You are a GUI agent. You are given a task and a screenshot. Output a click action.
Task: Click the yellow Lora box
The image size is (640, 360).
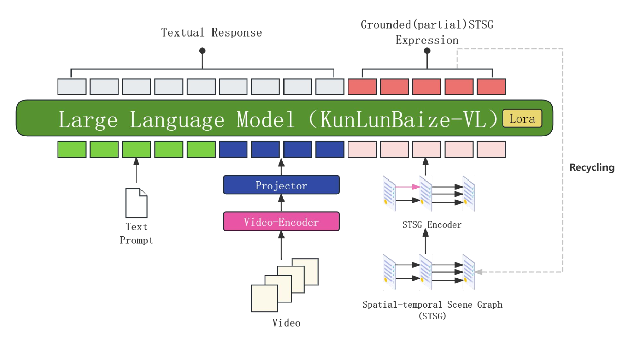tap(522, 119)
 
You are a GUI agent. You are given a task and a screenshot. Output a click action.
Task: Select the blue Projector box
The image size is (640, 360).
tap(281, 185)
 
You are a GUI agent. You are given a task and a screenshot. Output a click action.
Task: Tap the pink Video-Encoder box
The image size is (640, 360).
tap(281, 222)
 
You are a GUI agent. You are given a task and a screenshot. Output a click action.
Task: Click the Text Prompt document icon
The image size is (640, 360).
tap(136, 203)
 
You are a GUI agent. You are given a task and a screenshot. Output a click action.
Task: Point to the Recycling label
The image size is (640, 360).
tap(591, 168)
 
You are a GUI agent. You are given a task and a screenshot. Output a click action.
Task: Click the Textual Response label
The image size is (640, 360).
tap(211, 33)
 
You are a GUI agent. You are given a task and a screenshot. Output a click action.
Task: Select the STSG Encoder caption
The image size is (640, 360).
tap(432, 225)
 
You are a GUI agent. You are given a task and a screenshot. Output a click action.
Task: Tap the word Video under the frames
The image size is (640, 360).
tap(286, 323)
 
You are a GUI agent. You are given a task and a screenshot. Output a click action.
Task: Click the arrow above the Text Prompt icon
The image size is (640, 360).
tap(136, 170)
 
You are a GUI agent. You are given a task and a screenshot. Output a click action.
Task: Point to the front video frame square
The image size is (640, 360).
tap(265, 298)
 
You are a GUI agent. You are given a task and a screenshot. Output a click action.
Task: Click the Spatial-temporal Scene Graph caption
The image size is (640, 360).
tap(432, 310)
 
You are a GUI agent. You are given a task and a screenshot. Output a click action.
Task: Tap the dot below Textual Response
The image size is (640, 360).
tap(202, 50)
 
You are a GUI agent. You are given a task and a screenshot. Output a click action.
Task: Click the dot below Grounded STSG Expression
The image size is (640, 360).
tap(427, 51)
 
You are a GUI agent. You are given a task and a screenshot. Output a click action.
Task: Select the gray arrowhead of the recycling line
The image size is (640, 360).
tap(479, 272)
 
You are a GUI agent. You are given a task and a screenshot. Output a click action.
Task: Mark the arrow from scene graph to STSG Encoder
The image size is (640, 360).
tap(425, 242)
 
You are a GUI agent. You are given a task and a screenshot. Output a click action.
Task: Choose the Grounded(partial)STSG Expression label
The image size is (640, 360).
tap(427, 32)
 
